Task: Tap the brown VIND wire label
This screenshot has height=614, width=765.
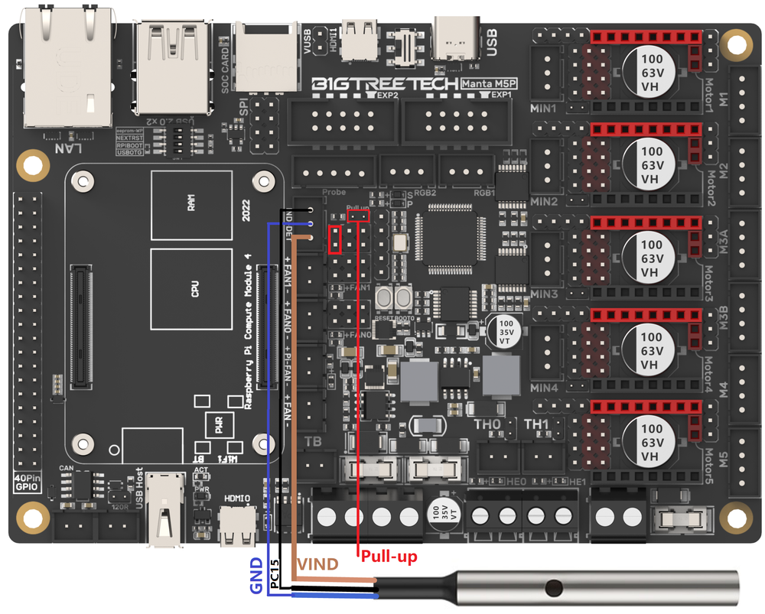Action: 317,564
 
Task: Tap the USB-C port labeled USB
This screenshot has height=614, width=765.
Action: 457,38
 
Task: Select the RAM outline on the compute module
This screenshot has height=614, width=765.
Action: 190,205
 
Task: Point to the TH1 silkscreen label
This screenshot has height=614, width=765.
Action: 536,424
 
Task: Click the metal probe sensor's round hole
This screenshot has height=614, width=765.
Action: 551,588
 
